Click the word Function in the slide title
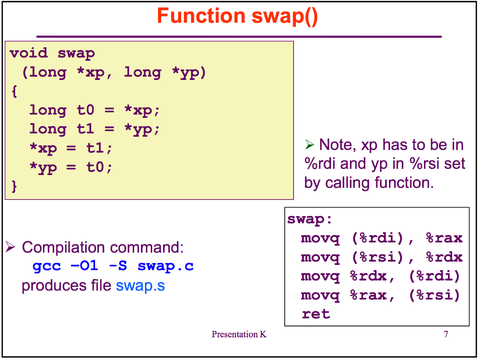point(201,16)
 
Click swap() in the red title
point(285,17)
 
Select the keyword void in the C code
point(29,53)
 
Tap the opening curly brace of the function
point(14,91)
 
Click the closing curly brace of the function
point(14,186)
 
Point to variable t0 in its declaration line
point(86,110)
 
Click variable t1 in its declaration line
point(86,129)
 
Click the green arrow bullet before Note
point(310,144)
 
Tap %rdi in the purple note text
point(320,164)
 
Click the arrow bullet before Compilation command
point(10,247)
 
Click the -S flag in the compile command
point(118,265)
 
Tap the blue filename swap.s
point(140,286)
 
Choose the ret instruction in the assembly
point(316,314)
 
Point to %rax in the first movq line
point(444,238)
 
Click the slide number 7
point(446,334)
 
